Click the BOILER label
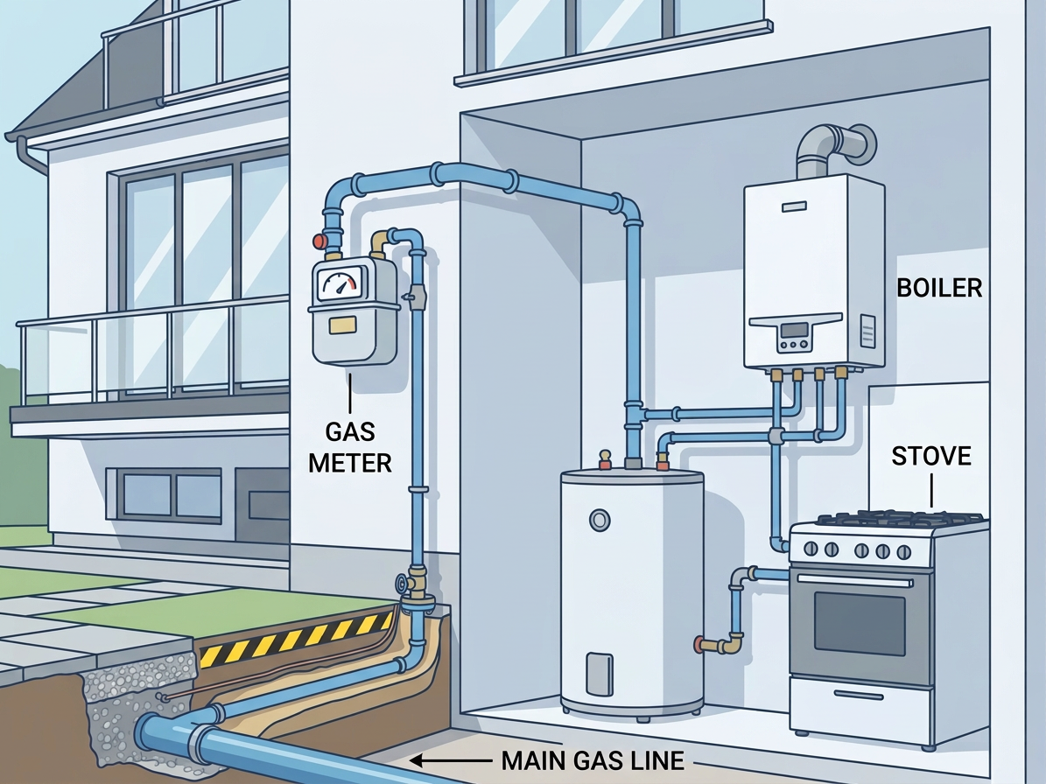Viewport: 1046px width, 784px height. click(x=939, y=287)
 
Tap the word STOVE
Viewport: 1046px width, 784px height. click(x=931, y=457)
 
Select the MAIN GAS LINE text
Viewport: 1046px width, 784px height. click(x=593, y=760)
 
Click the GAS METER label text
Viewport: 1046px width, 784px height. click(x=349, y=446)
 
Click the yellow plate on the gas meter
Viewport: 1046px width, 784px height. click(x=344, y=325)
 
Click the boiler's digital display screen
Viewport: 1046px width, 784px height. click(x=794, y=329)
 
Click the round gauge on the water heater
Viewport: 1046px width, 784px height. click(x=599, y=520)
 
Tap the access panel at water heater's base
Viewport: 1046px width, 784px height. click(x=599, y=674)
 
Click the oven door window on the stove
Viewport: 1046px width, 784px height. click(x=860, y=626)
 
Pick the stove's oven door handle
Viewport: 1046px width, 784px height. click(x=852, y=581)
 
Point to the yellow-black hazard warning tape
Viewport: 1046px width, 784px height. click(x=296, y=640)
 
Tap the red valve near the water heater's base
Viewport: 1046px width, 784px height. click(x=699, y=644)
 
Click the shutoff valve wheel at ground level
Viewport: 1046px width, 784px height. click(x=400, y=583)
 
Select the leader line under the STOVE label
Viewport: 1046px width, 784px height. click(x=930, y=490)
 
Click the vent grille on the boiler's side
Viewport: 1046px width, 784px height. click(x=867, y=331)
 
